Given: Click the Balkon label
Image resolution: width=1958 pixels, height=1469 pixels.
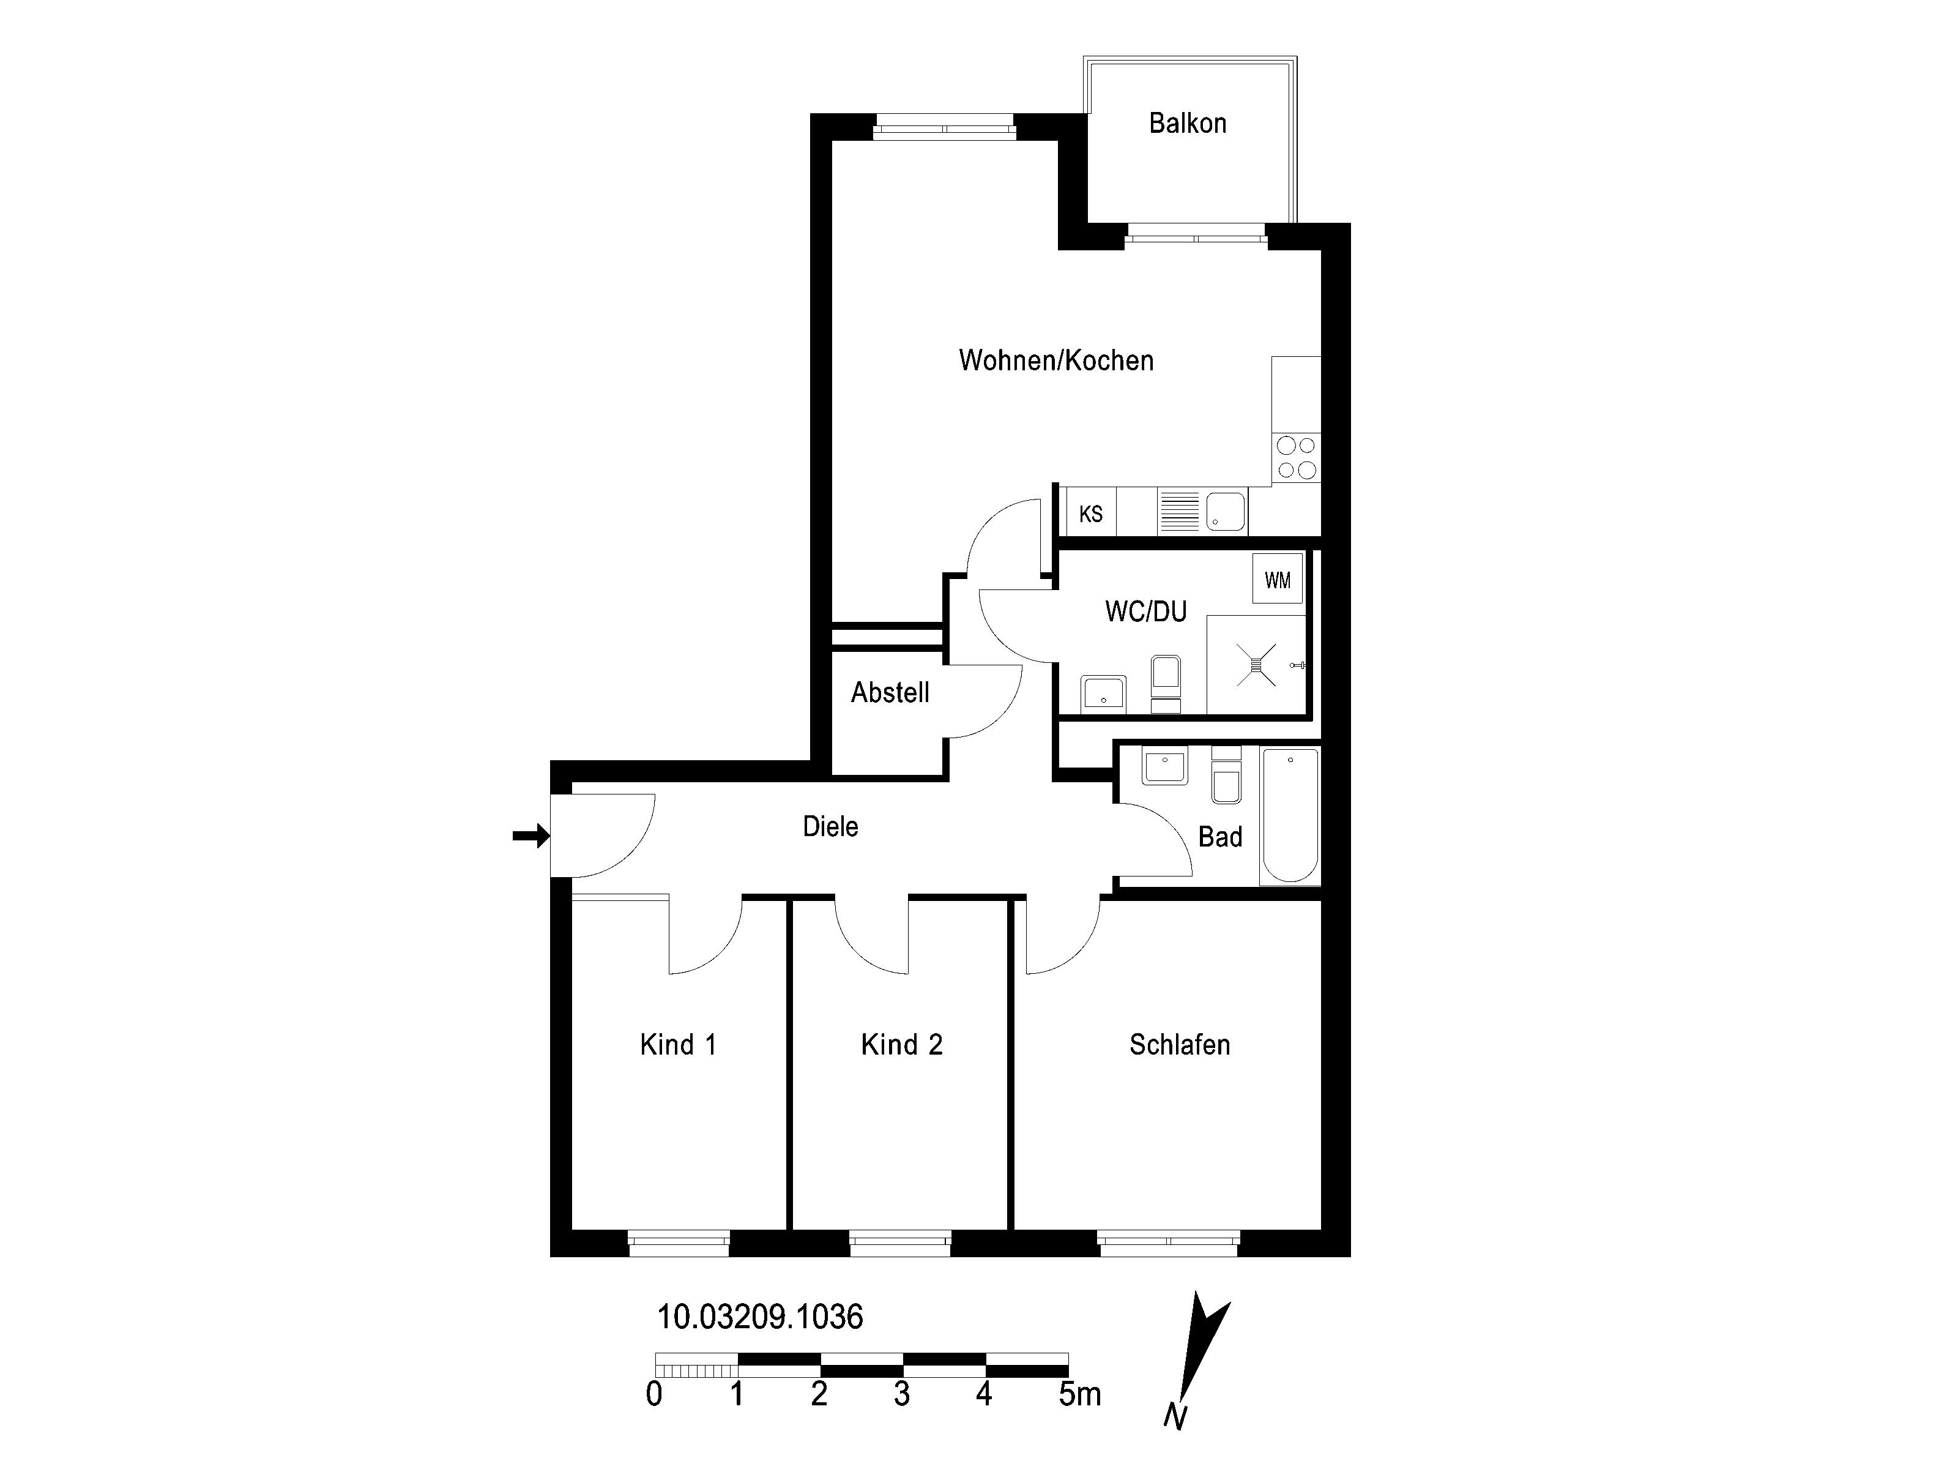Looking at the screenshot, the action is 1187,123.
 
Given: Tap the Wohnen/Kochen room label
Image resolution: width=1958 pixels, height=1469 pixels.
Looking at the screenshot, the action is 1056,361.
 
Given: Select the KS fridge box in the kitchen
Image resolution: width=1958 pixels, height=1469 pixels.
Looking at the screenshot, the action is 1090,513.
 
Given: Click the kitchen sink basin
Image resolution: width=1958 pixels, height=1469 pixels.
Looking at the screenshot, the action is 1225,512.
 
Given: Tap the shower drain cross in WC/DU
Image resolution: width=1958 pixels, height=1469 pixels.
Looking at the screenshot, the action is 1256,664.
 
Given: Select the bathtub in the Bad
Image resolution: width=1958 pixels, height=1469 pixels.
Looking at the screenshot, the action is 1290,815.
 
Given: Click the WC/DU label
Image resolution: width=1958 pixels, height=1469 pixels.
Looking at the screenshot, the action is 1145,611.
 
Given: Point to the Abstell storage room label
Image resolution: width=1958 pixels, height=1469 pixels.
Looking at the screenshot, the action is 890,692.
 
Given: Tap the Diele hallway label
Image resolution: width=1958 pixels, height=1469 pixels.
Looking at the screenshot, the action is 830,826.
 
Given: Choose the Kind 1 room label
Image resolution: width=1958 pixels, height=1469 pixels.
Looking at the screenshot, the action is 678,1045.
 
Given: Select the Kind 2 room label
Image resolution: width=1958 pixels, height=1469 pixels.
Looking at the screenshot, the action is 902,1045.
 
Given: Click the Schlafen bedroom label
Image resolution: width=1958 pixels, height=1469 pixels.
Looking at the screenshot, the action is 1179,1045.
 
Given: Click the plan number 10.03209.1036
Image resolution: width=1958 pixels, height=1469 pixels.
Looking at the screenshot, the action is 759,1317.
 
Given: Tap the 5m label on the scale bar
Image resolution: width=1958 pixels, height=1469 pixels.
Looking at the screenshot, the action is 1080,1394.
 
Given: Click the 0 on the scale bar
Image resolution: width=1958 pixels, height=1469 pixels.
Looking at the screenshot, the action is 654,1394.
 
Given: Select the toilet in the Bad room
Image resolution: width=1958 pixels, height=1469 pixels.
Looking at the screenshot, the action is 1226,776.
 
